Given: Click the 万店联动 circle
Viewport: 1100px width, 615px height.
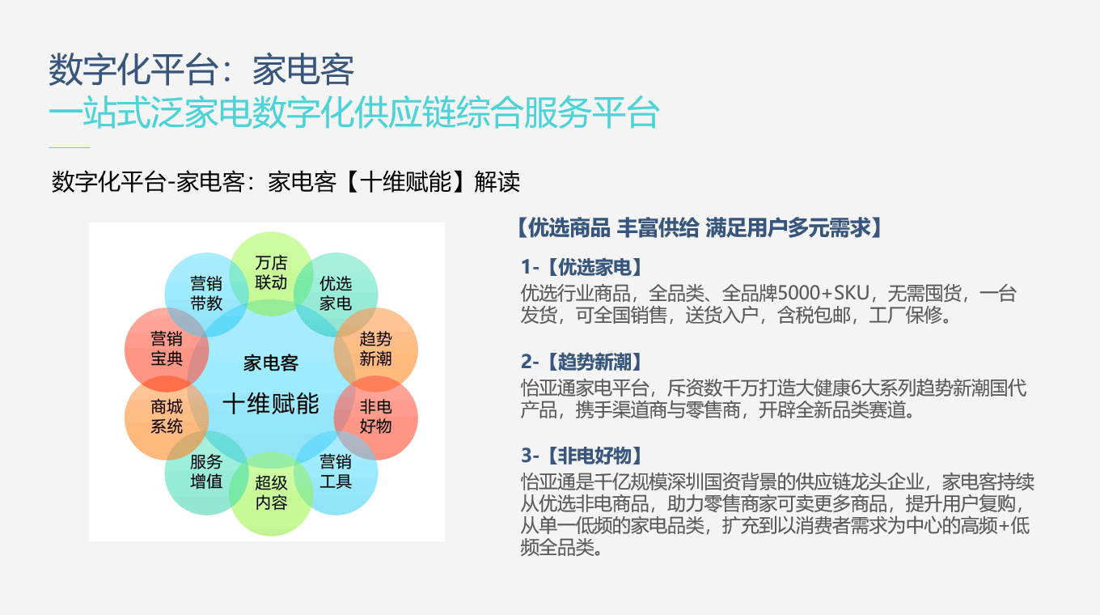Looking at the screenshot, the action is tap(271, 274).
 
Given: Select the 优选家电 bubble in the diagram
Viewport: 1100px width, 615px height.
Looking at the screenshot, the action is tap(336, 295).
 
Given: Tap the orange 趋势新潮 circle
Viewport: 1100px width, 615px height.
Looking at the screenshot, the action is tap(375, 350).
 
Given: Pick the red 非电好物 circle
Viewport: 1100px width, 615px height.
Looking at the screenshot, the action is tap(375, 418).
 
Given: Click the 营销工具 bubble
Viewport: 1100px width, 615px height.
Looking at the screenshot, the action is tap(336, 473).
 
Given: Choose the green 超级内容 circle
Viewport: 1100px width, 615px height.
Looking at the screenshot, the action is tap(271, 494).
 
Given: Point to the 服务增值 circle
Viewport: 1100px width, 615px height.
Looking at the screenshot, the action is tap(206, 473).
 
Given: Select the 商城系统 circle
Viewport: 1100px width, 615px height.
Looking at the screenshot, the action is tap(167, 418).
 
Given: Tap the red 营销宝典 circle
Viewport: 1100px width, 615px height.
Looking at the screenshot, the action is tap(167, 350).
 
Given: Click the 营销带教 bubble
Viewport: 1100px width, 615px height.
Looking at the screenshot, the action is tap(206, 295).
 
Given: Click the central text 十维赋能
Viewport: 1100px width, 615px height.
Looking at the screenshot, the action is tap(271, 404).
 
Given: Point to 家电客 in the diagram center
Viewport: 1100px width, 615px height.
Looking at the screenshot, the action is tap(271, 363).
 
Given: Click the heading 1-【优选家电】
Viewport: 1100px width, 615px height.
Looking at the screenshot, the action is tap(582, 267).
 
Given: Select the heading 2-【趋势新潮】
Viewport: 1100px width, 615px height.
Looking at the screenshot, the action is tap(582, 362).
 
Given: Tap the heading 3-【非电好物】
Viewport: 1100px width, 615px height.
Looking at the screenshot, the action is tap(582, 456).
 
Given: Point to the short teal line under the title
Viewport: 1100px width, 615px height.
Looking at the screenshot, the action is tap(70, 147).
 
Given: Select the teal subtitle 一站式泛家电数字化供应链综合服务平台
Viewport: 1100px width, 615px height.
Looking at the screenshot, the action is tap(354, 113).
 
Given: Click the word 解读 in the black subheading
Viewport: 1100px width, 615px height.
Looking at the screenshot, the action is tap(497, 182).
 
